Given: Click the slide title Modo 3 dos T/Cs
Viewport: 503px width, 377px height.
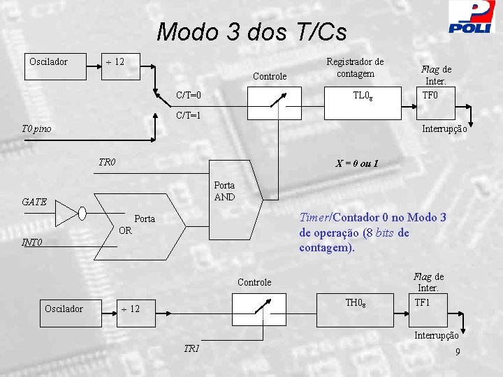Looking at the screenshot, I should (x=251, y=32).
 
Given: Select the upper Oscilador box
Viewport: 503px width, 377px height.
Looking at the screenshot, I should (x=49, y=62).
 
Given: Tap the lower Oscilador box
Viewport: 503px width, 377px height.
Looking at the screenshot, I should (x=64, y=309).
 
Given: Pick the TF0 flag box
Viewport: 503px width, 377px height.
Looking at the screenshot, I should (x=430, y=94).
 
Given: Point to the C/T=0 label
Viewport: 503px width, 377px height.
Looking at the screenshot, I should (x=189, y=95).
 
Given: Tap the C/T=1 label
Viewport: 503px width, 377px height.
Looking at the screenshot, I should (x=189, y=116).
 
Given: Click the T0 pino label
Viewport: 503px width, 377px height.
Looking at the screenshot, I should (x=36, y=128).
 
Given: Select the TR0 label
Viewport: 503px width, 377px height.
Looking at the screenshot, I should (x=107, y=163).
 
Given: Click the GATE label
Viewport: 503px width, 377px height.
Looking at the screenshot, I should (x=34, y=202).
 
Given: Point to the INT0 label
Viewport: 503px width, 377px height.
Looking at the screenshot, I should (x=32, y=244).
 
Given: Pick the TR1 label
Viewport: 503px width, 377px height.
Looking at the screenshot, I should (x=191, y=348).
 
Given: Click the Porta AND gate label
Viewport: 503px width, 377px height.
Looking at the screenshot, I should (x=224, y=191).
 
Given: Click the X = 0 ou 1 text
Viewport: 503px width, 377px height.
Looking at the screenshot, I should (x=357, y=163).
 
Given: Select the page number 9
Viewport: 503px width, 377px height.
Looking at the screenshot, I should (x=457, y=352).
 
